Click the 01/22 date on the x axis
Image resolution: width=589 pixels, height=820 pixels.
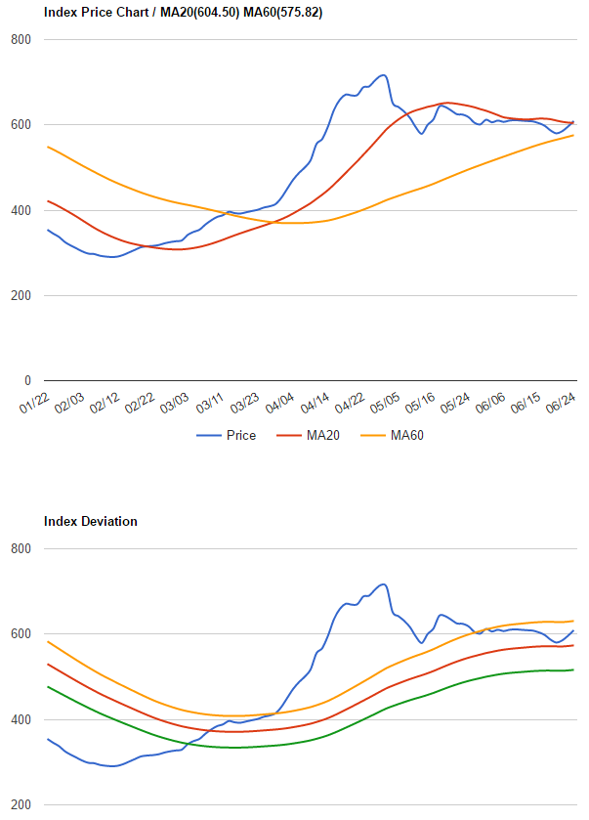click(34, 403)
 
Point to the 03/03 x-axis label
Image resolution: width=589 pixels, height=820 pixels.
click(175, 403)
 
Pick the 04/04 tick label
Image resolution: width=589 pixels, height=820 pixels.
click(280, 403)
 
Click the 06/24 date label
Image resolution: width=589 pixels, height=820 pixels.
click(560, 403)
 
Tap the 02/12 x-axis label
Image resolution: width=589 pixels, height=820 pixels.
click(105, 403)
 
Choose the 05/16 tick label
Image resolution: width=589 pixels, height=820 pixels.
click(421, 403)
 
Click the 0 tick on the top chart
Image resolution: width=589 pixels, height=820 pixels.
click(26, 381)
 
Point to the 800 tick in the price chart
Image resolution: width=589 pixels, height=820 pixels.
click(21, 40)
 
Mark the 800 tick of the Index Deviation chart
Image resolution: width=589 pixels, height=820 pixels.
click(21, 549)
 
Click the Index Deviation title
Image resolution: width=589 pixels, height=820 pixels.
click(91, 521)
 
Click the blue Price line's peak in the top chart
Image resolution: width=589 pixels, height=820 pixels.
click(383, 75)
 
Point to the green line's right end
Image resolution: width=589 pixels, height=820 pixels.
click(573, 669)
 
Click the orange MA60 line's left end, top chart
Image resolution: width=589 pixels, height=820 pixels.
click(48, 147)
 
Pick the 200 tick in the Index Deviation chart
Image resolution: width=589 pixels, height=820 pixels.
click(21, 805)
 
